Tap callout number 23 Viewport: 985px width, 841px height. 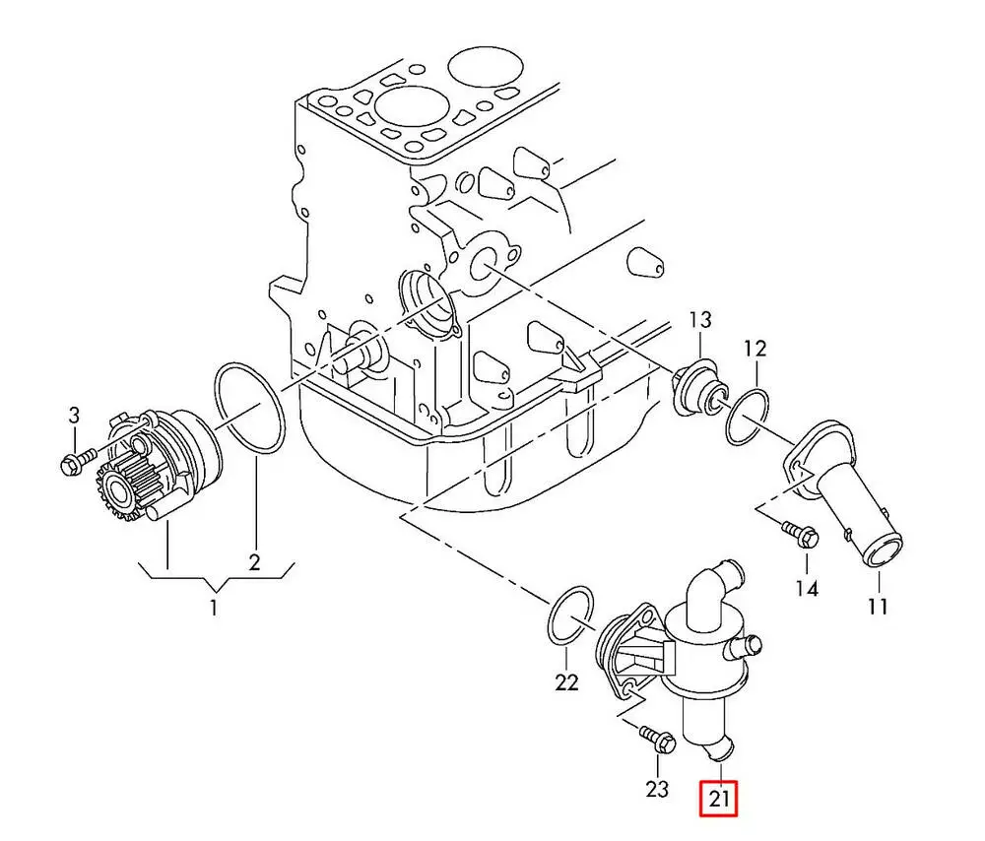tap(657, 789)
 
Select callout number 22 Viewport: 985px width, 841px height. tap(566, 681)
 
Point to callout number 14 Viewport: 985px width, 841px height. tap(807, 589)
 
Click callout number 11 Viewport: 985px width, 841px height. tap(878, 606)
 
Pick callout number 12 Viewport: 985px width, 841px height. tap(755, 348)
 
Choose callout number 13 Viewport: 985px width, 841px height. tap(699, 320)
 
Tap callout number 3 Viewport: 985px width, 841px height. tap(73, 416)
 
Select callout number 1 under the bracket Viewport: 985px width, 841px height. tap(214, 609)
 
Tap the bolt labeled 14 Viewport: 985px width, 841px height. tap(800, 534)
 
